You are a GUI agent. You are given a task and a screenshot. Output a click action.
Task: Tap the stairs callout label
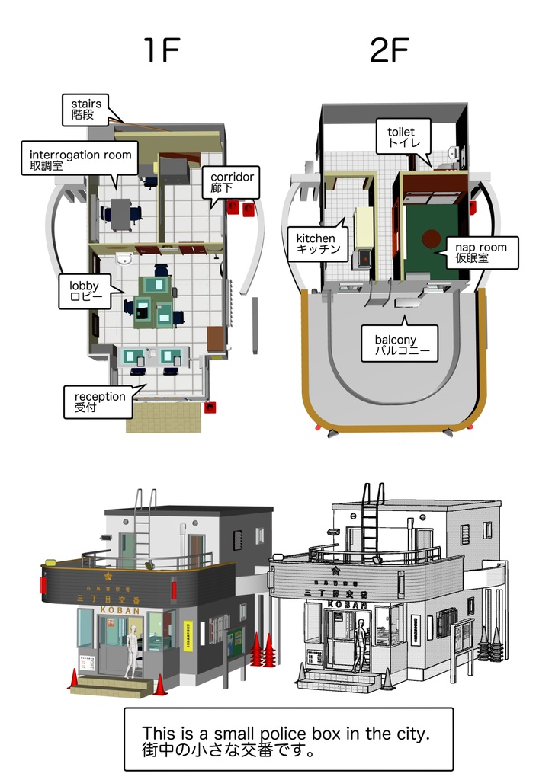(86, 109)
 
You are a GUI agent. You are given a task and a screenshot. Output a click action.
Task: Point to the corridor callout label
(234, 182)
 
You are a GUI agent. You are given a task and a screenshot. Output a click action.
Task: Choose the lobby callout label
(85, 291)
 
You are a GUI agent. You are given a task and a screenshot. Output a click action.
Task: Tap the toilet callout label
(402, 137)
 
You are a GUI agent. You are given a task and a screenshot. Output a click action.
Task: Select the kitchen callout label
(315, 244)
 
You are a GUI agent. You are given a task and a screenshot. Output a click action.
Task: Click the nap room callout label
(480, 253)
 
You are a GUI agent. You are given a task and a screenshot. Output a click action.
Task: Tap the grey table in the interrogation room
(120, 213)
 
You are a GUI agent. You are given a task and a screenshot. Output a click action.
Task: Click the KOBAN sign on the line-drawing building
(348, 604)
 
